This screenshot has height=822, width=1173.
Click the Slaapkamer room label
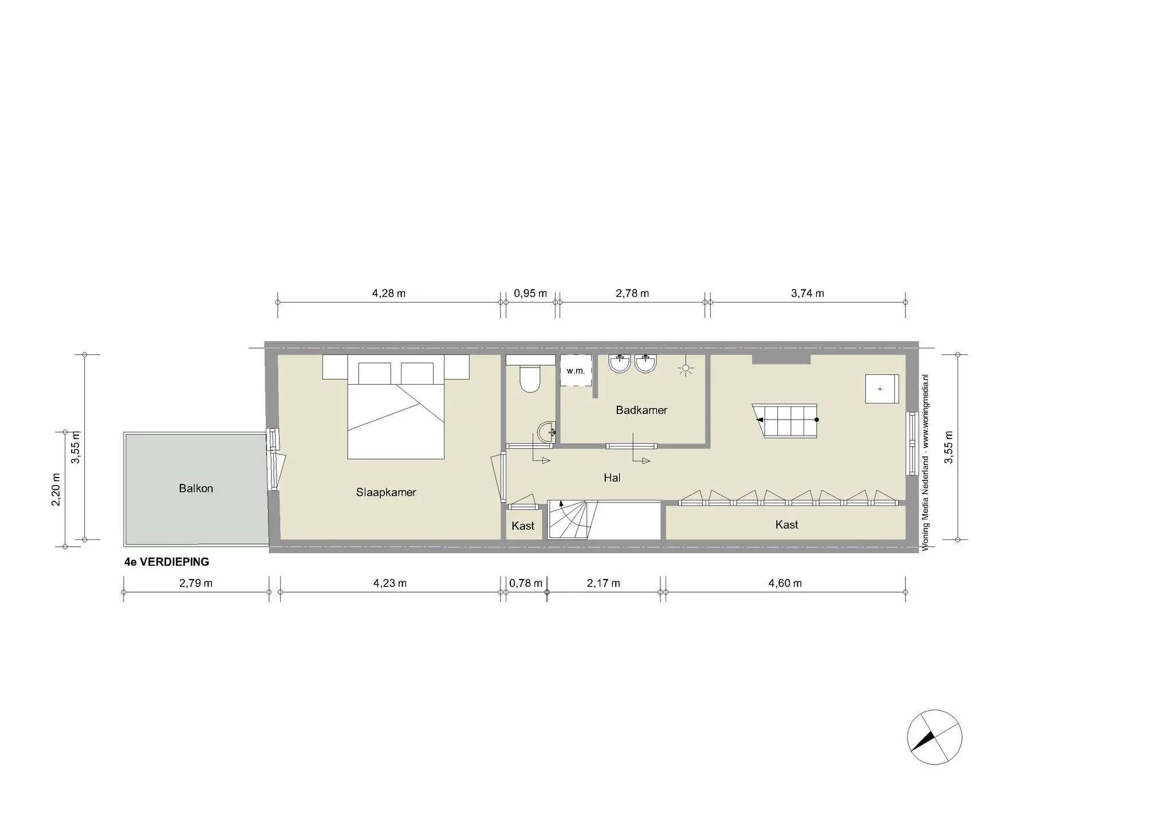coord(386,492)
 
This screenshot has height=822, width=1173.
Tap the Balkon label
coord(196,488)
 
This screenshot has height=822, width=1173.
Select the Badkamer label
coord(641,410)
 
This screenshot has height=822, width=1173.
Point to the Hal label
coord(612,477)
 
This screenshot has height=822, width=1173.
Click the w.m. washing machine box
coord(576,371)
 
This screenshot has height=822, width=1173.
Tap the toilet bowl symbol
coord(530,379)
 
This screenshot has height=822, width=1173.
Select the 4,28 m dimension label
coord(389,293)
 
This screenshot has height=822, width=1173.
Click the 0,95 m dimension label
coord(530,293)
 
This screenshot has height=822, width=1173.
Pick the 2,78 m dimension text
coord(632,293)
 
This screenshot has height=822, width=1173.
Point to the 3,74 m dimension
coord(808,293)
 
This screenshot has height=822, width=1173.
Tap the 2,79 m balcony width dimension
coord(196,584)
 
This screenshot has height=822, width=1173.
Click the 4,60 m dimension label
coord(785,584)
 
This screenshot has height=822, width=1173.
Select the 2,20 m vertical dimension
coord(56,490)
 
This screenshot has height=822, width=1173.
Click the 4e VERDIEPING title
coord(167,562)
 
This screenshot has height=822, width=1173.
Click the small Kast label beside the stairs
coord(523,526)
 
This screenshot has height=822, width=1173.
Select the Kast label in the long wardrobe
coord(786,524)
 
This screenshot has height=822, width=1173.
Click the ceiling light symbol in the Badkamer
coord(685,369)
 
